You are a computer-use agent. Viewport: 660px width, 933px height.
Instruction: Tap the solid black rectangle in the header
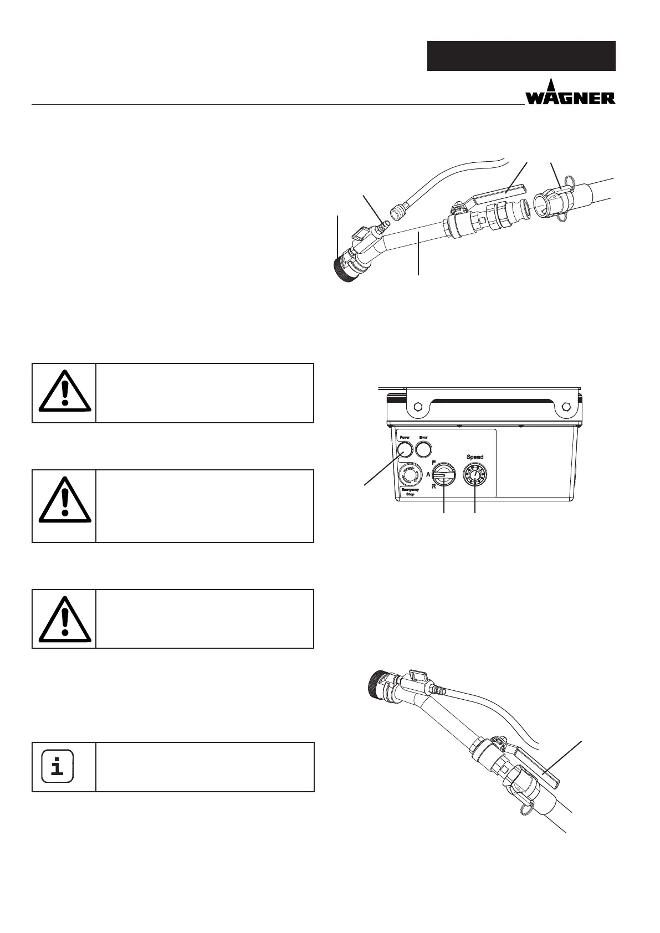point(521,56)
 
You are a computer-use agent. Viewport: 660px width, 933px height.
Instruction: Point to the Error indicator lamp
point(424,448)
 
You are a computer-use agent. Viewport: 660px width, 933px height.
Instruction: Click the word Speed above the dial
point(475,457)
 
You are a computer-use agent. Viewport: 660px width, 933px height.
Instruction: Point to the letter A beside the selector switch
point(428,474)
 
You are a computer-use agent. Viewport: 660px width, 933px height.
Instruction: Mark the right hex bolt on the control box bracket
point(566,407)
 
